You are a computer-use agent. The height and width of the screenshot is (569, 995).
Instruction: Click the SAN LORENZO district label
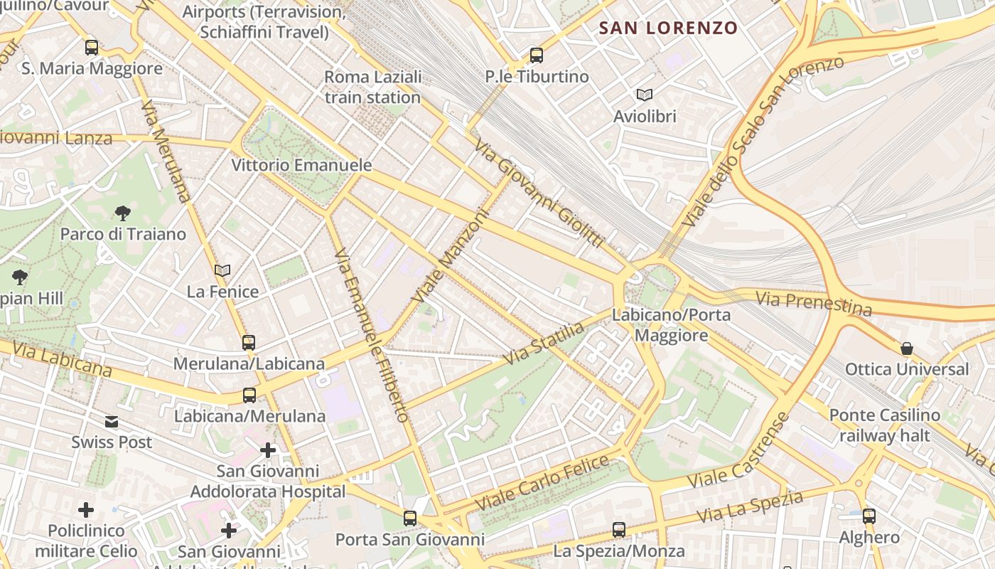668,28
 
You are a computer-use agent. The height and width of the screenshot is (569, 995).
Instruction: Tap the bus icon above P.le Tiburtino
537,55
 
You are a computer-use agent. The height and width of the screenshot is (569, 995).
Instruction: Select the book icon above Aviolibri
645,95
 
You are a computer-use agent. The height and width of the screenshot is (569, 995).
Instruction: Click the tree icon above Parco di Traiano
123,213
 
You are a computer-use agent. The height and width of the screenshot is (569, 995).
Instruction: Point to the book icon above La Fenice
222,270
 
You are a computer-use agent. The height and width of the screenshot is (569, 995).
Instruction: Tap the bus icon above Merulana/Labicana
249,343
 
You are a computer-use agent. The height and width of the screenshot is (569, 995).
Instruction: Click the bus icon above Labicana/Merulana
249,395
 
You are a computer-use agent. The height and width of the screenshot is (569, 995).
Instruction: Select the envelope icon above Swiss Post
112,422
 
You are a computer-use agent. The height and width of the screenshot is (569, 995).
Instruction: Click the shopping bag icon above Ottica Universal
907,349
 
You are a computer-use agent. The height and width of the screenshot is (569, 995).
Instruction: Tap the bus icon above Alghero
869,516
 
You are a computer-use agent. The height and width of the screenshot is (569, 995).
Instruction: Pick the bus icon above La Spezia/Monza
619,530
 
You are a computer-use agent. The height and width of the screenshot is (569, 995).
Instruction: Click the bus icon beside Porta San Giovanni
410,519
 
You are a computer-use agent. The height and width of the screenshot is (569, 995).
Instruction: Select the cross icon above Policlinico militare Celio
86,510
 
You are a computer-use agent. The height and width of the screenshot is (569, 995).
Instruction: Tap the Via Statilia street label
544,344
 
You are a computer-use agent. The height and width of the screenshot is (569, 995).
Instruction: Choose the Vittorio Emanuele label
301,165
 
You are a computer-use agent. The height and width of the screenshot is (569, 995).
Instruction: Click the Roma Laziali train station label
373,87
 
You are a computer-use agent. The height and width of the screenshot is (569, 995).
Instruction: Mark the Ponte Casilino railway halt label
885,425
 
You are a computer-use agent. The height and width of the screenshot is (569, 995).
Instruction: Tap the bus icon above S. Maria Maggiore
92,48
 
